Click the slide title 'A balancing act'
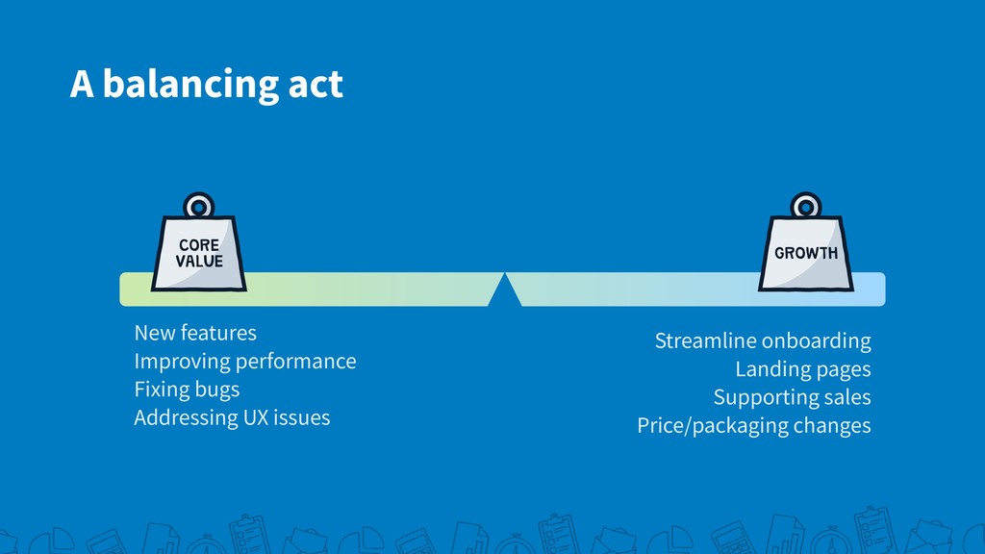click(x=207, y=85)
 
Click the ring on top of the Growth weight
click(x=806, y=205)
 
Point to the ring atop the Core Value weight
click(x=198, y=205)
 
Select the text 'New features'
click(x=195, y=332)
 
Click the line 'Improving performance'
click(x=245, y=362)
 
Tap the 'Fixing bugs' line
click(x=187, y=390)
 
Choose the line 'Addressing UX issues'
click(x=232, y=417)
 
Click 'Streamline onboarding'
click(x=763, y=340)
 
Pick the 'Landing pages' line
click(x=803, y=369)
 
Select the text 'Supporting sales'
click(x=793, y=397)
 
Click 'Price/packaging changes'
click(x=754, y=425)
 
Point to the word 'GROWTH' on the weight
click(x=806, y=253)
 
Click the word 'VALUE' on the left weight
click(x=199, y=262)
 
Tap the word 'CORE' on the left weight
click(x=199, y=245)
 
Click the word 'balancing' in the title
click(x=190, y=86)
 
